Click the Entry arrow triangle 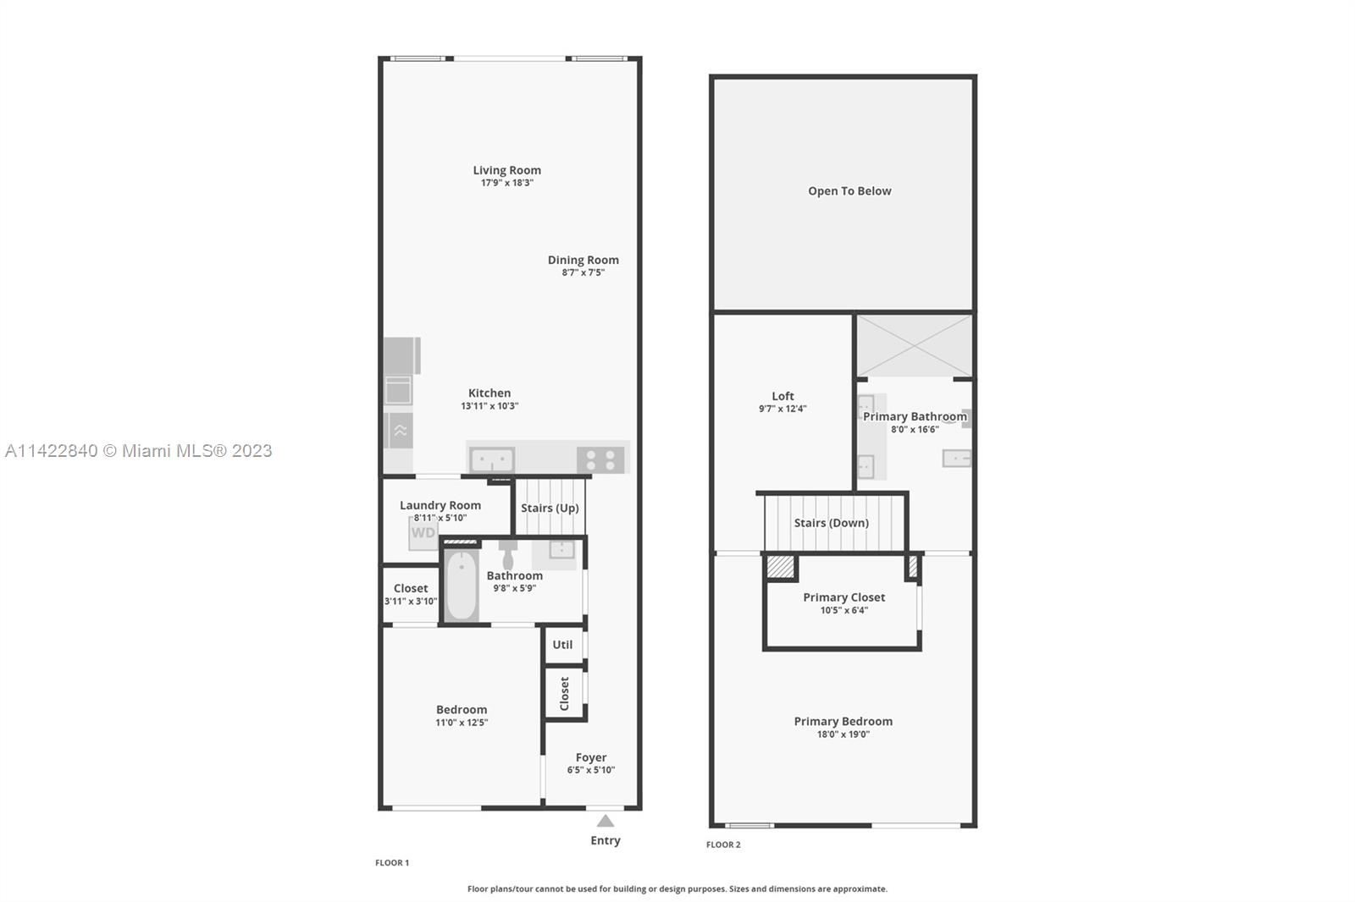point(606,821)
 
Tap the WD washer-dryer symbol point(423,532)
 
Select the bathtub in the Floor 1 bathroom point(462,586)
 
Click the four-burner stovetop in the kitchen point(600,459)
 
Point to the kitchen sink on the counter point(492,460)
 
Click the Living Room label point(507,170)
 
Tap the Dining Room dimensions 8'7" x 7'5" point(583,272)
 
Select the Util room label point(562,645)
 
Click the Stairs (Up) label point(550,508)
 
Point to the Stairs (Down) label point(831,523)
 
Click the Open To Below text point(850,191)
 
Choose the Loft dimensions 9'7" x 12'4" point(783,409)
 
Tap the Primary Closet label point(843,597)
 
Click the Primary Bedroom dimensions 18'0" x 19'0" point(843,734)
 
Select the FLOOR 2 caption point(723,844)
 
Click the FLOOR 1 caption point(392,863)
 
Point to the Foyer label point(591,757)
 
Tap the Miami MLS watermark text point(139,451)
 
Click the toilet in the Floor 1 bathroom point(507,554)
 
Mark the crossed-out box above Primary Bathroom point(915,346)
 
